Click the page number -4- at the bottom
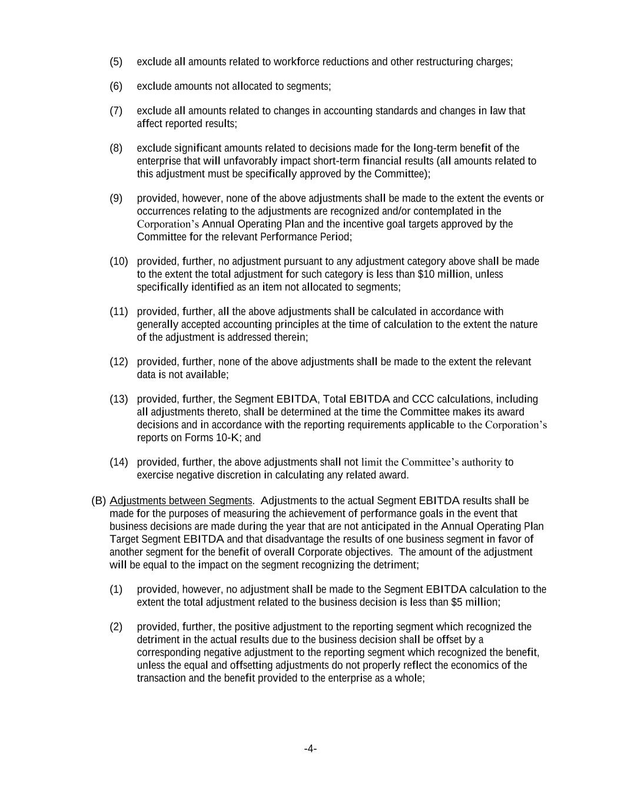[310, 749]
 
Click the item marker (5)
[116, 62]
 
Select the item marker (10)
[118, 261]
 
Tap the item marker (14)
[118, 462]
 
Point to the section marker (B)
[98, 501]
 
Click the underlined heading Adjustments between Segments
[181, 501]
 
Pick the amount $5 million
[475, 602]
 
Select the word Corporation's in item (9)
[168, 224]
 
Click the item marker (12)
[118, 362]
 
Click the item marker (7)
[116, 111]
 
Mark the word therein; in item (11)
[290, 337]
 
